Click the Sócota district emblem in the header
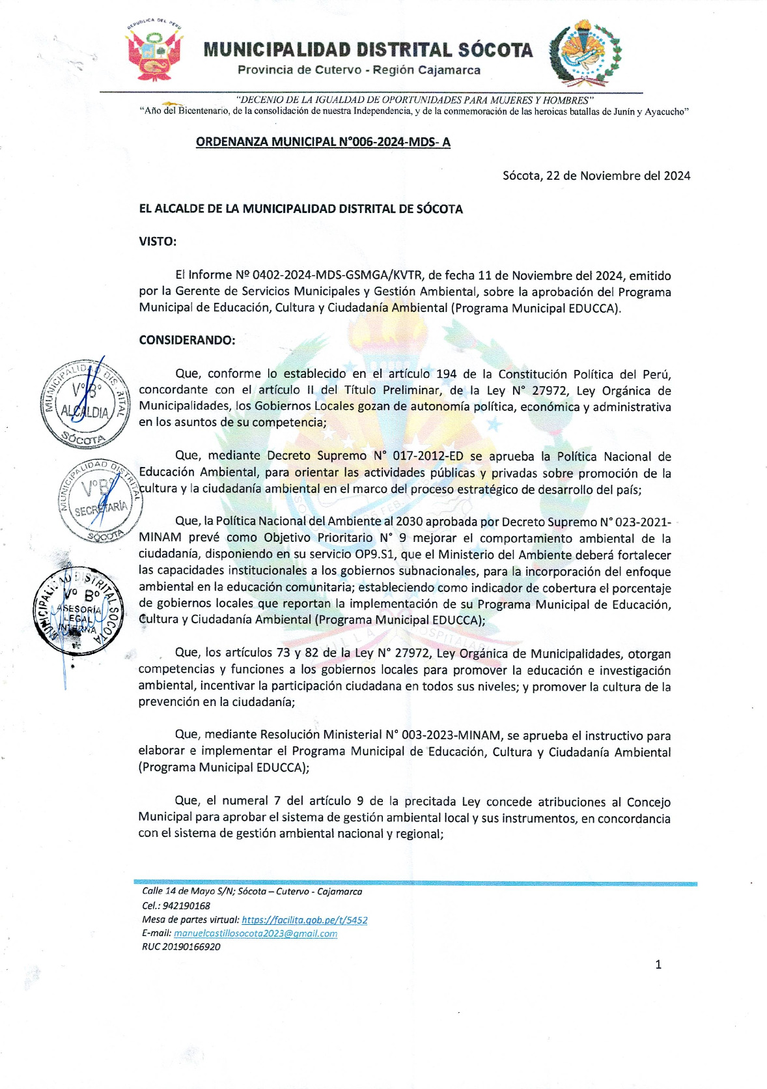585,53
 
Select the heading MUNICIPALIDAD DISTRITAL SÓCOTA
368,50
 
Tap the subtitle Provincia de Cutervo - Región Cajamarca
359,70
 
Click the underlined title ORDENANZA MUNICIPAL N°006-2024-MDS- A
323,142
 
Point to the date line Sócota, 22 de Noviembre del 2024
596,176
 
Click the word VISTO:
158,242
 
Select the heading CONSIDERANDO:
187,341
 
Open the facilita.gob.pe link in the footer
304,920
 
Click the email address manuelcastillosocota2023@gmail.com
255,934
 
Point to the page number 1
658,965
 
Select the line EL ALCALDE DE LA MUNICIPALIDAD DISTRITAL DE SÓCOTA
301,209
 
